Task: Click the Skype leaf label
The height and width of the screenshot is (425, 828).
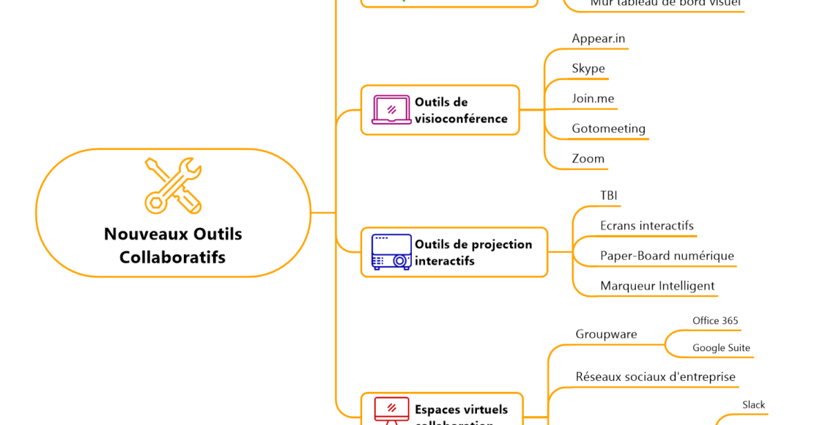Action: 588,69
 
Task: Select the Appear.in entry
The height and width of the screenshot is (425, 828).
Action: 599,39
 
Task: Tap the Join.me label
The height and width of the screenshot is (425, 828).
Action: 593,99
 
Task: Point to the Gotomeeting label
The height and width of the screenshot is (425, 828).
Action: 608,129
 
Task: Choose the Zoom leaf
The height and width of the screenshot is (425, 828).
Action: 588,159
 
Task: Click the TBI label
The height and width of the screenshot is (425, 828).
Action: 609,196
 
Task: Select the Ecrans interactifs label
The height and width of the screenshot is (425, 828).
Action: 646,226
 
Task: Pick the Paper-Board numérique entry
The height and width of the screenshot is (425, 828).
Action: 667,256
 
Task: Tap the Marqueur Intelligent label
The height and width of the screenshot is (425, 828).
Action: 657,286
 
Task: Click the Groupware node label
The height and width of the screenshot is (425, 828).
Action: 606,335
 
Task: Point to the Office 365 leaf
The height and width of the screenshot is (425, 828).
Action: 715,321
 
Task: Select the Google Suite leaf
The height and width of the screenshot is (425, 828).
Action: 721,348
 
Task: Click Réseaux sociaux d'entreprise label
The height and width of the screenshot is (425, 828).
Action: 655,377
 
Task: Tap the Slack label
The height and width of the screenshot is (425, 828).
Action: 753,405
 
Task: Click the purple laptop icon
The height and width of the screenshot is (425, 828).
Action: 391,110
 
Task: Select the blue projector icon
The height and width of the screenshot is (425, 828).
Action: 391,252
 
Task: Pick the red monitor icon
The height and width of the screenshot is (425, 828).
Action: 391,410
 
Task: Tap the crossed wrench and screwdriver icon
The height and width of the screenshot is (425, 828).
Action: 173,185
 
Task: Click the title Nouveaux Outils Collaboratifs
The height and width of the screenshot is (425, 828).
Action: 173,245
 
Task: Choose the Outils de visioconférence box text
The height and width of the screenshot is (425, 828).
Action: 461,111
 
